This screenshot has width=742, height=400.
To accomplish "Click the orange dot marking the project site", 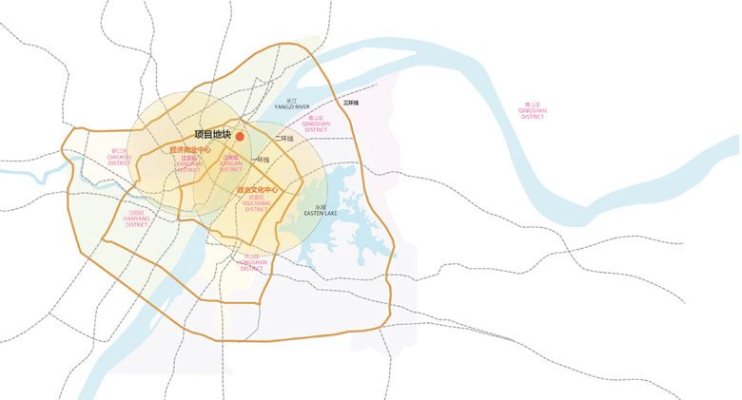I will (x=241, y=137).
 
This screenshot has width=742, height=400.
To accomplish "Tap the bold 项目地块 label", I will (x=212, y=135).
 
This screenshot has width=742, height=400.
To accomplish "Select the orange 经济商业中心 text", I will (x=190, y=149).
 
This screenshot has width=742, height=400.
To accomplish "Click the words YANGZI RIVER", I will (x=292, y=107).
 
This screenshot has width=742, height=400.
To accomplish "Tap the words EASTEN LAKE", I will (x=321, y=214).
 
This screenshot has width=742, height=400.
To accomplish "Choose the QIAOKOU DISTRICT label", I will (x=119, y=160).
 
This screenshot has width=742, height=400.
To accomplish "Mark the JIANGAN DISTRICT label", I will (x=230, y=166).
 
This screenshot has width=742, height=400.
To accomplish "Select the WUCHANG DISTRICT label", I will (x=258, y=206).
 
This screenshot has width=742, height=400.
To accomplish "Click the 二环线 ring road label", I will (x=283, y=139).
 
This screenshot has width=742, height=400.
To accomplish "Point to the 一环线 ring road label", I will (x=261, y=160).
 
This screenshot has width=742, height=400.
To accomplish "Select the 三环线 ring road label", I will (x=351, y=102).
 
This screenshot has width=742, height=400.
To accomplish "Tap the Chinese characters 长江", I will (x=292, y=100).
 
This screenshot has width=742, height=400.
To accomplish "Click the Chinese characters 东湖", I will (x=321, y=206).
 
